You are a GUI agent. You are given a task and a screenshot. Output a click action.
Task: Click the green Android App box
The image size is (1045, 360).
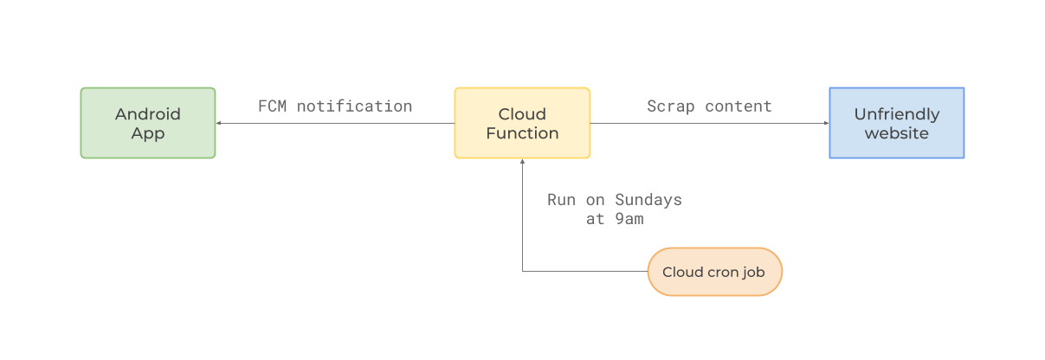[148, 123]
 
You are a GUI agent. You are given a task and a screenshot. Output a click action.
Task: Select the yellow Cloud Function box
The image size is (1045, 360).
[522, 123]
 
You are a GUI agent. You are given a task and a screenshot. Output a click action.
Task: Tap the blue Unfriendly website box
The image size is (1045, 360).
[896, 123]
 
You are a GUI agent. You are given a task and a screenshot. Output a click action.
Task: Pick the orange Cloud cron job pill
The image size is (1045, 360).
[714, 272]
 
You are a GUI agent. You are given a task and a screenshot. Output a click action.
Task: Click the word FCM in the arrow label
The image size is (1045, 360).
[272, 106]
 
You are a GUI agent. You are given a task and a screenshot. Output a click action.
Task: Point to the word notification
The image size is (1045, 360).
[355, 106]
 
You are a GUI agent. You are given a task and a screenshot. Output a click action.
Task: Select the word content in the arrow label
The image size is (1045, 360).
[739, 106]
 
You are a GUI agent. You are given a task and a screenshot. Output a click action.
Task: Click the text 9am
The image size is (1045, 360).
[629, 219]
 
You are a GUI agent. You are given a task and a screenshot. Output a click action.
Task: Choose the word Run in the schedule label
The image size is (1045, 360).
[561, 200]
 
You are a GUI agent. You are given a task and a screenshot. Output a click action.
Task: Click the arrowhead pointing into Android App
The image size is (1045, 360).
[219, 123]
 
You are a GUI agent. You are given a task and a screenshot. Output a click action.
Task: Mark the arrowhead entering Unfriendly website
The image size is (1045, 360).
[825, 123]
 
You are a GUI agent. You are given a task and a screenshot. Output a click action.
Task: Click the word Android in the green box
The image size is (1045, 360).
[148, 113]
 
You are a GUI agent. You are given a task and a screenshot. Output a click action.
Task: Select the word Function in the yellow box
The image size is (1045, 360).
[522, 133]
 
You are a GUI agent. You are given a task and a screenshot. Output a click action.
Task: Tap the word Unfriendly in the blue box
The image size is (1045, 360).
[896, 113]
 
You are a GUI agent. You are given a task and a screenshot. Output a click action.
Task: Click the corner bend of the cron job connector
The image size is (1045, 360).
[522, 272]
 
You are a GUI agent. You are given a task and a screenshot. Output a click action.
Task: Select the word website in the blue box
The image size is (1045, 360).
[896, 133]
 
